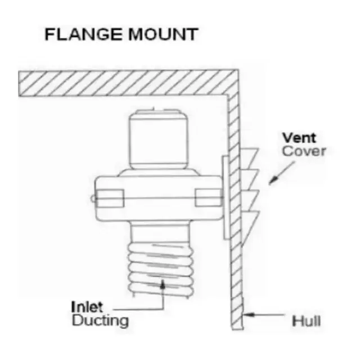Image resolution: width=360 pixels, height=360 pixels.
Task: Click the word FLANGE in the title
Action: pos(83,34)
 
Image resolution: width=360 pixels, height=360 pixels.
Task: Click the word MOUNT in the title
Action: pos(163,34)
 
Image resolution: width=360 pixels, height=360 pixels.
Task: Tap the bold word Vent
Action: pos(299,138)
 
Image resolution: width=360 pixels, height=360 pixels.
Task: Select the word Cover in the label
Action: pos(304,151)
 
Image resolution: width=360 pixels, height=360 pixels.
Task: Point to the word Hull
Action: pos(306,321)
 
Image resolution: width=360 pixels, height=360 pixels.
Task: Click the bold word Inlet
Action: pos(87,307)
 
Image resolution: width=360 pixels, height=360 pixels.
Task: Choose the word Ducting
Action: pos(100,321)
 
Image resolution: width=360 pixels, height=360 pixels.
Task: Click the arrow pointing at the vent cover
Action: pos(282,173)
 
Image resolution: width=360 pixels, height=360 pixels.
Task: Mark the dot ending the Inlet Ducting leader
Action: pos(163,286)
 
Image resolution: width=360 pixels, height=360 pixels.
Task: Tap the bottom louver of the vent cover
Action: pos(250,226)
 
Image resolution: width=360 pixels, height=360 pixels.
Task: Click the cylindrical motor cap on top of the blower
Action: pos(159,139)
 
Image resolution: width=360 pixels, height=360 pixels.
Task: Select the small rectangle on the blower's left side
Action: pos(110,199)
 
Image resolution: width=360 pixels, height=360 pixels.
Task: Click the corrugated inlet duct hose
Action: pos(161,270)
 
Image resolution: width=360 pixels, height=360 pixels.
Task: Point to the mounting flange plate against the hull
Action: pos(226,197)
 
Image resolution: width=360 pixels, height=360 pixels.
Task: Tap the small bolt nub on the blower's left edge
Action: pos(93,199)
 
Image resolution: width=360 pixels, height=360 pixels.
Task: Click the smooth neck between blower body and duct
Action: pos(160,232)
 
